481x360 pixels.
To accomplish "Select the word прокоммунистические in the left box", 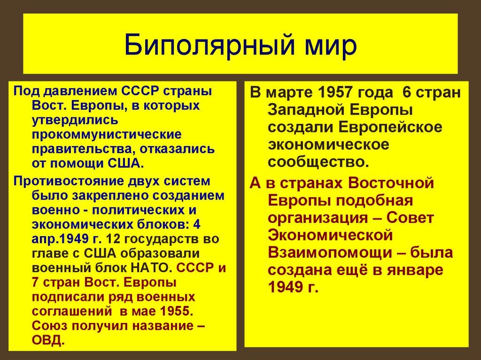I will click(x=101, y=135).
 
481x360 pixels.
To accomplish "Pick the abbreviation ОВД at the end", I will click(x=47, y=340).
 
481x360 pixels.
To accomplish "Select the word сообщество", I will click(x=316, y=162).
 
